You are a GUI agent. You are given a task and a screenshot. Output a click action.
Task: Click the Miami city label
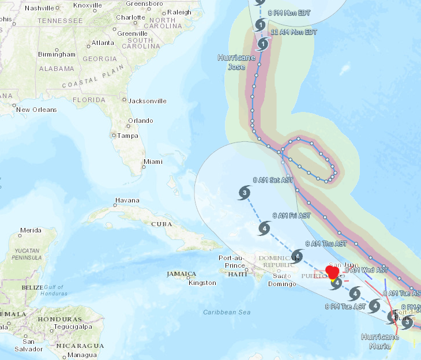[153, 162]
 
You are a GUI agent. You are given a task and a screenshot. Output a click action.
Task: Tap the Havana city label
[127, 201]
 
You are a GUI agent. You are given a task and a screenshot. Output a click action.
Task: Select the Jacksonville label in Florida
[148, 101]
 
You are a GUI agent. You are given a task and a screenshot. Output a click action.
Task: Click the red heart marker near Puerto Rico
[333, 272]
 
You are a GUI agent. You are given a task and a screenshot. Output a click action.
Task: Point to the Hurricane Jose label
[236, 62]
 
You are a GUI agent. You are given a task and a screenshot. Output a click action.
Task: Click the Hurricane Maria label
[381, 340]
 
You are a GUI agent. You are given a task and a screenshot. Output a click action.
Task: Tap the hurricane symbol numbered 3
[245, 193]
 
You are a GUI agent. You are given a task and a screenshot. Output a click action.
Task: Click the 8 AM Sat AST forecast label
[273, 180]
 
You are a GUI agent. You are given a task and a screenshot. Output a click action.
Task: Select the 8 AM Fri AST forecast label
[291, 216]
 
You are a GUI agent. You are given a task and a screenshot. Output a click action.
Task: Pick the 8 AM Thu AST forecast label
[326, 244]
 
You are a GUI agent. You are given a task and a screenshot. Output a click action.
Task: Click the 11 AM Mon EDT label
[294, 32]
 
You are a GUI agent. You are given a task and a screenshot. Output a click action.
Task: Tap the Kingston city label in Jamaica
[202, 283]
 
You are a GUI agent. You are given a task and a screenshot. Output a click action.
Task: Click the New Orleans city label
[36, 110]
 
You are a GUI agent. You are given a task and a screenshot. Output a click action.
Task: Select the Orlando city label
[141, 121]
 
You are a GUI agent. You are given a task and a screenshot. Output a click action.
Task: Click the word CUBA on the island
[162, 224]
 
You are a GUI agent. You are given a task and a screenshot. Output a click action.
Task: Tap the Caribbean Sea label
[227, 312]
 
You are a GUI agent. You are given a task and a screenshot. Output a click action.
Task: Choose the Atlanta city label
[103, 43]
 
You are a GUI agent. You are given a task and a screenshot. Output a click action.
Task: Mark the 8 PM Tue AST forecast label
[345, 306]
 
